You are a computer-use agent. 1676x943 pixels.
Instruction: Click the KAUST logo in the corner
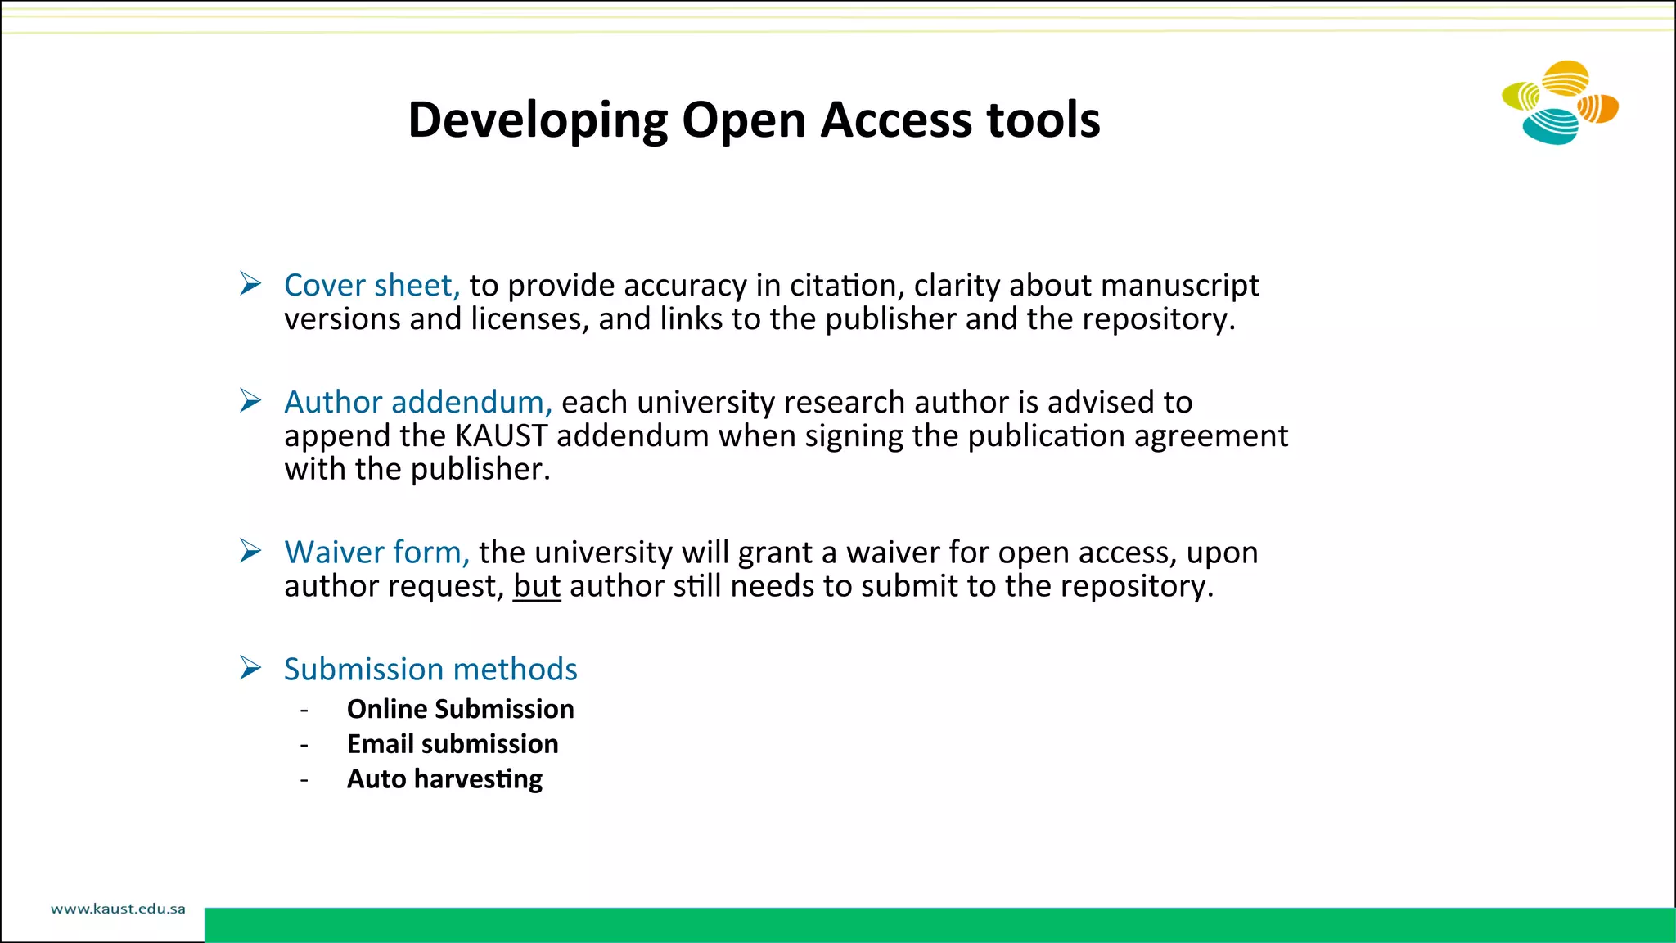click(x=1560, y=103)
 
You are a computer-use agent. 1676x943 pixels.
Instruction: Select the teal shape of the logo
click(x=1549, y=127)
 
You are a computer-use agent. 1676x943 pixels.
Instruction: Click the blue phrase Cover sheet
click(x=371, y=285)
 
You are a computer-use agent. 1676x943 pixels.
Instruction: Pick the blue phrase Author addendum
click(x=417, y=402)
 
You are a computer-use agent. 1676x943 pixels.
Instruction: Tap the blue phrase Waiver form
click(x=376, y=553)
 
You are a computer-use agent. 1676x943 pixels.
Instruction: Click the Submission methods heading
click(x=430, y=670)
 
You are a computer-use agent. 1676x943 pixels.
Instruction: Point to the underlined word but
click(x=537, y=586)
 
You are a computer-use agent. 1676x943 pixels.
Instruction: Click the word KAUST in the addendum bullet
click(x=501, y=435)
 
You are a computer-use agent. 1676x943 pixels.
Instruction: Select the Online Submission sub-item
click(x=460, y=709)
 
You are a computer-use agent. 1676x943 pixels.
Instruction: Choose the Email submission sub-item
click(x=453, y=744)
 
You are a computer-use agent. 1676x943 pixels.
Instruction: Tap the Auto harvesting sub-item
click(x=444, y=779)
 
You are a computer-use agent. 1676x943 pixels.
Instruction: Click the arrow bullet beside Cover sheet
click(x=250, y=284)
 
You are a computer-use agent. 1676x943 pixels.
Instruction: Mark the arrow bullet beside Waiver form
click(x=250, y=551)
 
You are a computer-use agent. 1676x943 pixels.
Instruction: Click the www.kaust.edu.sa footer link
click(x=118, y=909)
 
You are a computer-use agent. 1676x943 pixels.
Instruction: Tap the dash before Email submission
click(x=304, y=745)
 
